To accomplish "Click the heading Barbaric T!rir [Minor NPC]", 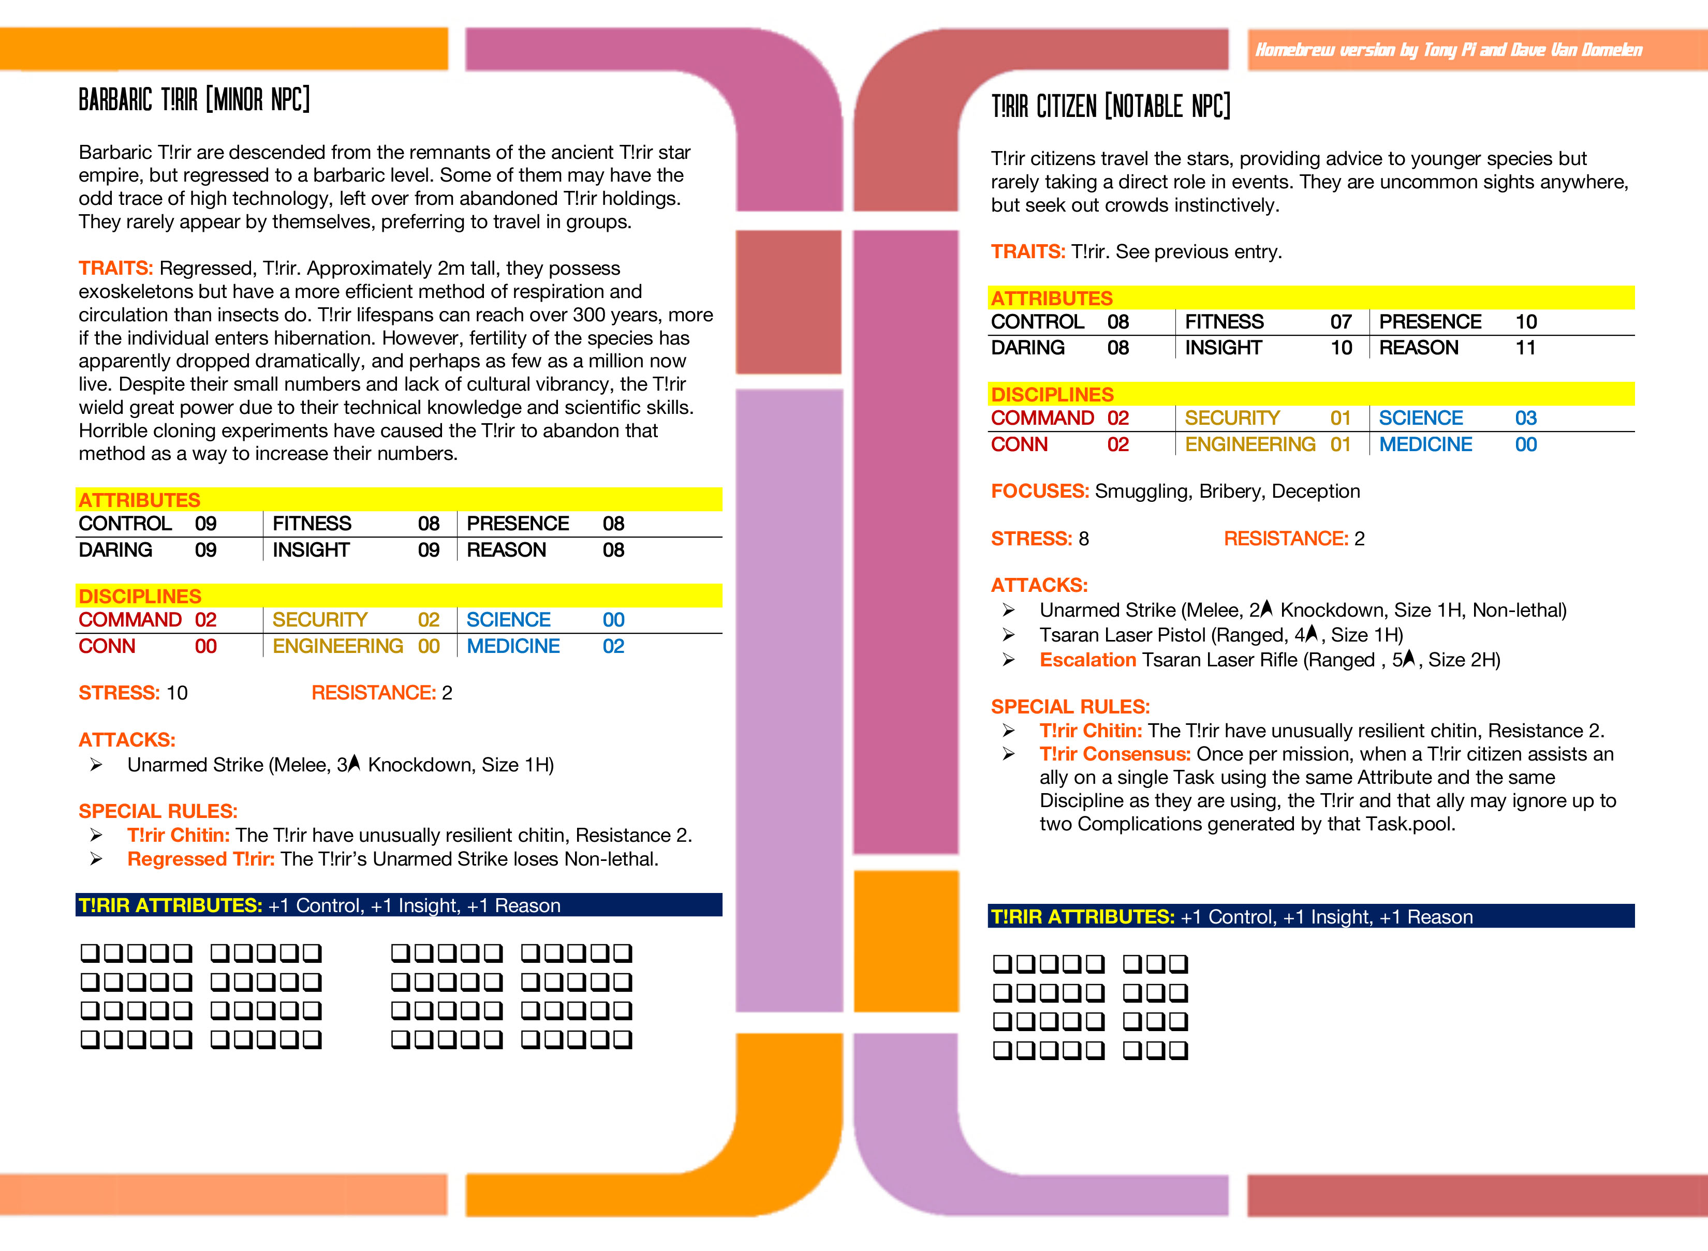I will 194,99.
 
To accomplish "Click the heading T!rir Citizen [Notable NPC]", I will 1110,106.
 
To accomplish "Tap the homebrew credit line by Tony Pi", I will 1448,50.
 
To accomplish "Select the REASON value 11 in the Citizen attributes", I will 1525,348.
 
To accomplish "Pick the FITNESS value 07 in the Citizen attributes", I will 1341,322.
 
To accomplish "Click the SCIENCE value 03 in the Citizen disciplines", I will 1525,418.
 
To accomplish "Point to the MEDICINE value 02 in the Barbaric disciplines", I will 613,646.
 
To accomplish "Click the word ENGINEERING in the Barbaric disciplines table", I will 338,646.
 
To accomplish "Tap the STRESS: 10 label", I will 132,693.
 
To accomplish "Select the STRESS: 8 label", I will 1039,539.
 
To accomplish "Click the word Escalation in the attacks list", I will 1087,660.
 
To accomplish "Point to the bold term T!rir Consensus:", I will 1115,754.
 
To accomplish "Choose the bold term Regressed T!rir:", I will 201,859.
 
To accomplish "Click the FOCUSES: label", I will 1039,490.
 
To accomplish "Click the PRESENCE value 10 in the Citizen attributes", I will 1525,322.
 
